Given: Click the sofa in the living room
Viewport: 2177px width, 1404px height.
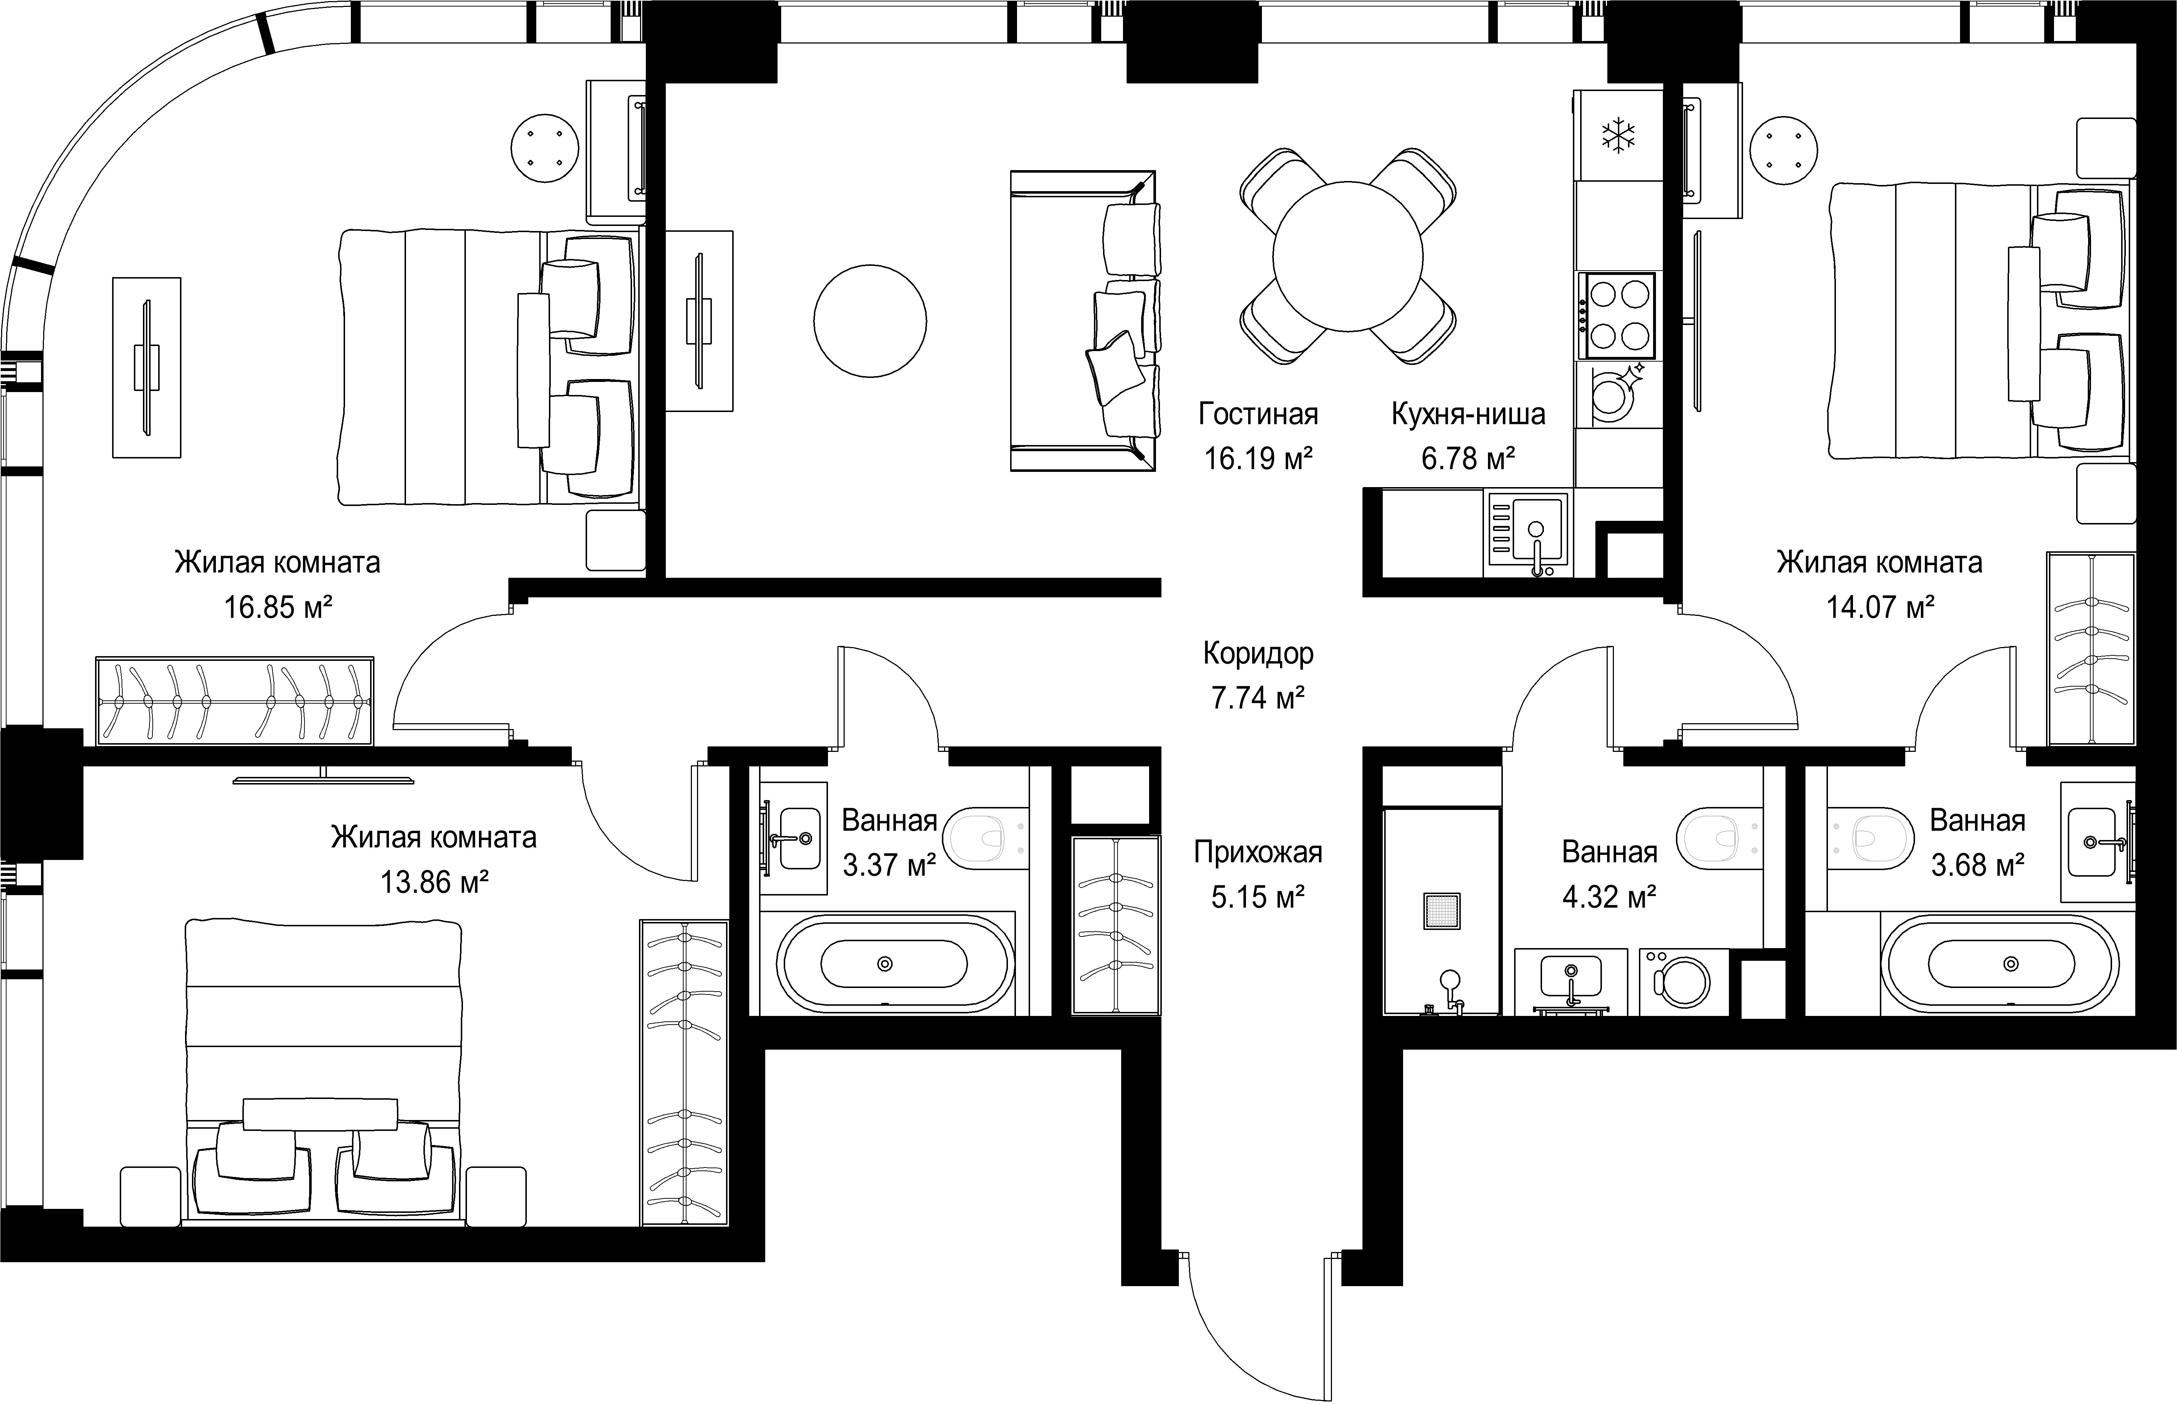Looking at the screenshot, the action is [x=1083, y=321].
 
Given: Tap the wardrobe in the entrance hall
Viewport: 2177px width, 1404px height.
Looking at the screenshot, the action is [x=1116, y=925].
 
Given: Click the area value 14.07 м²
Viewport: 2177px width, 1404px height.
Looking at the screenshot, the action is [x=1880, y=607].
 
